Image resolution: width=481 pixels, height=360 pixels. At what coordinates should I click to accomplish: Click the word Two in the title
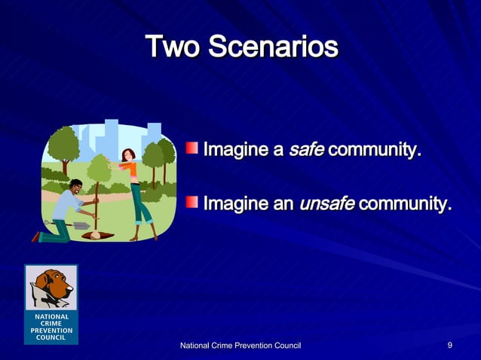coord(172,47)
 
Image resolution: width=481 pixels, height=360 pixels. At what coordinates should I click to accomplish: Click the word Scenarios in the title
coord(272,47)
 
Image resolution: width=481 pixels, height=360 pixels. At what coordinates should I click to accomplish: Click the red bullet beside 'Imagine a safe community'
coord(193,145)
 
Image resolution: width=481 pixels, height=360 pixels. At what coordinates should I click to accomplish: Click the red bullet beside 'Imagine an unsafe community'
coord(193,200)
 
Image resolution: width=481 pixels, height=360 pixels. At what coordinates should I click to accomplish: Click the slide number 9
coord(449,345)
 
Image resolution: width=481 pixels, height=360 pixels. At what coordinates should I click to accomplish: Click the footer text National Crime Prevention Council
coord(240,345)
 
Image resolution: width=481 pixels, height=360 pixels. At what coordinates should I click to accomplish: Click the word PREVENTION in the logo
coord(51,330)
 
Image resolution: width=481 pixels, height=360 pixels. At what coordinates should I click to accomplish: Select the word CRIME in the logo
coord(51,323)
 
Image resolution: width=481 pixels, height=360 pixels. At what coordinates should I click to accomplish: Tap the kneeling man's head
coord(76,185)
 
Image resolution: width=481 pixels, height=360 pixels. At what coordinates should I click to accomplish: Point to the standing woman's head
coord(128,154)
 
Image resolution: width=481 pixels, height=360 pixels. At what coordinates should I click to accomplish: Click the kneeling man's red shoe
coord(35,236)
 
